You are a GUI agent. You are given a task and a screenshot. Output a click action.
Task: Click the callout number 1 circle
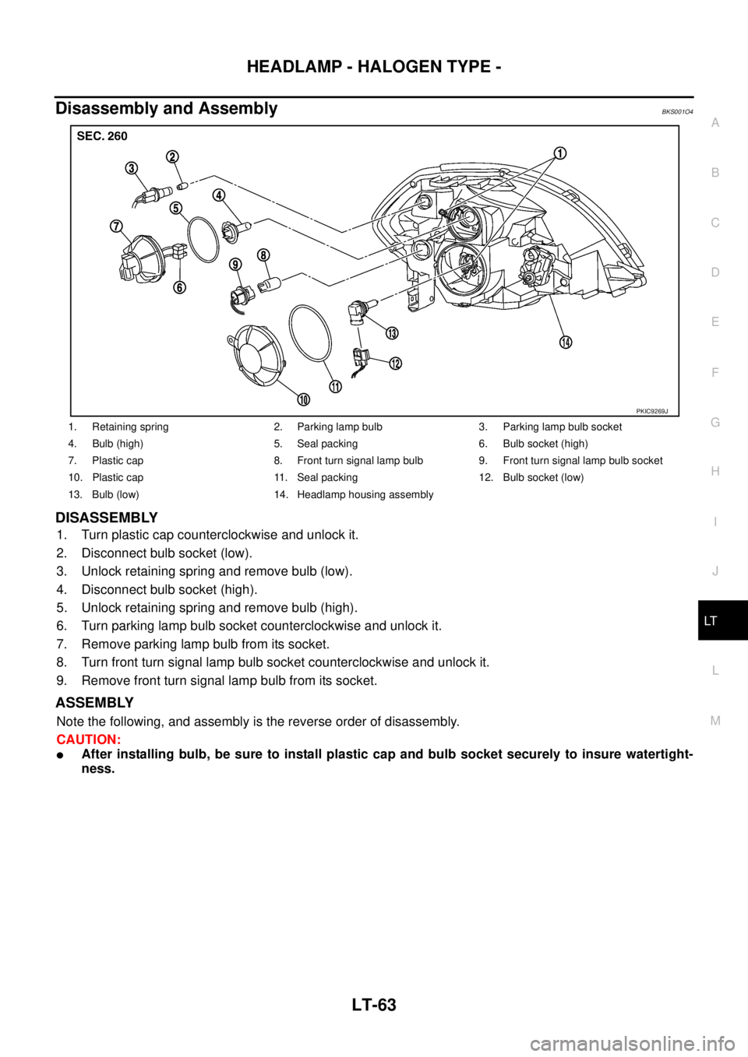click(x=560, y=153)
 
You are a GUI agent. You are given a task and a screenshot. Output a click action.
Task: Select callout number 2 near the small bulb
click(x=171, y=157)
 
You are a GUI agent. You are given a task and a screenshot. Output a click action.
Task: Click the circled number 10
click(x=302, y=399)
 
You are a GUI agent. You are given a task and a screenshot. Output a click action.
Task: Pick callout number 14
click(x=563, y=342)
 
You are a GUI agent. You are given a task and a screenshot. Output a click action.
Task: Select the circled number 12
click(x=396, y=363)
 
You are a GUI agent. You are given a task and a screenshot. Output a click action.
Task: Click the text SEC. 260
click(x=101, y=135)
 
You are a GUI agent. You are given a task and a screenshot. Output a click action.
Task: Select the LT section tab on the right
click(x=714, y=621)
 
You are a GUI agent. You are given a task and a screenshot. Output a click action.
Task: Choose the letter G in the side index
click(x=714, y=422)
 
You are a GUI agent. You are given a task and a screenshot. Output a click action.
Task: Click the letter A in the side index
click(x=714, y=122)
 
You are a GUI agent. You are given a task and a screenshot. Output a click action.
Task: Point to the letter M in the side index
click(x=714, y=721)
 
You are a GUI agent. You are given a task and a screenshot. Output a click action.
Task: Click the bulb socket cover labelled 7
click(x=145, y=255)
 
